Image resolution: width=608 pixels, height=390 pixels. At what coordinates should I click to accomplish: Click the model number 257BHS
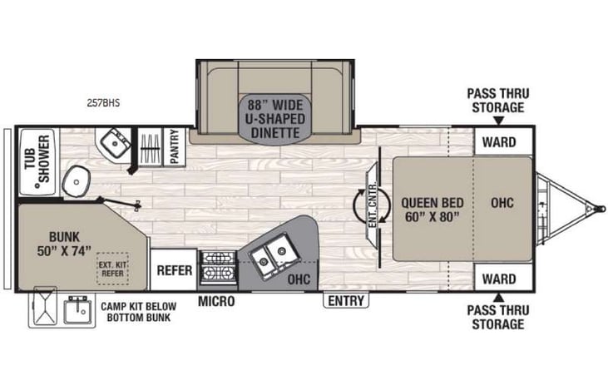tap(103, 104)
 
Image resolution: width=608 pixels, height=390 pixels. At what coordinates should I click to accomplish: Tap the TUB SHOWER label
tap(35, 160)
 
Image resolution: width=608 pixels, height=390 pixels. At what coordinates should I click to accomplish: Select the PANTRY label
tap(175, 146)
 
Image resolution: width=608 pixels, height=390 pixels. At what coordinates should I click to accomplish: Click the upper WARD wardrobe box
tap(498, 141)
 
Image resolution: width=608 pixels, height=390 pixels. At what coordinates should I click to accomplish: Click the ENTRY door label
tap(344, 300)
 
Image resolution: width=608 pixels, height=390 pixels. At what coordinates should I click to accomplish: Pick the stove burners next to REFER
tap(217, 268)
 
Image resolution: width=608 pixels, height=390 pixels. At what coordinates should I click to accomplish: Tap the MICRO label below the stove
tap(215, 300)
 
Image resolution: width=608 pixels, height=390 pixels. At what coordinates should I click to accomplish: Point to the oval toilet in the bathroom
tap(79, 178)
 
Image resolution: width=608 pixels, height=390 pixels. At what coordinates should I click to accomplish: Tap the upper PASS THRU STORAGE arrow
tap(497, 122)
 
